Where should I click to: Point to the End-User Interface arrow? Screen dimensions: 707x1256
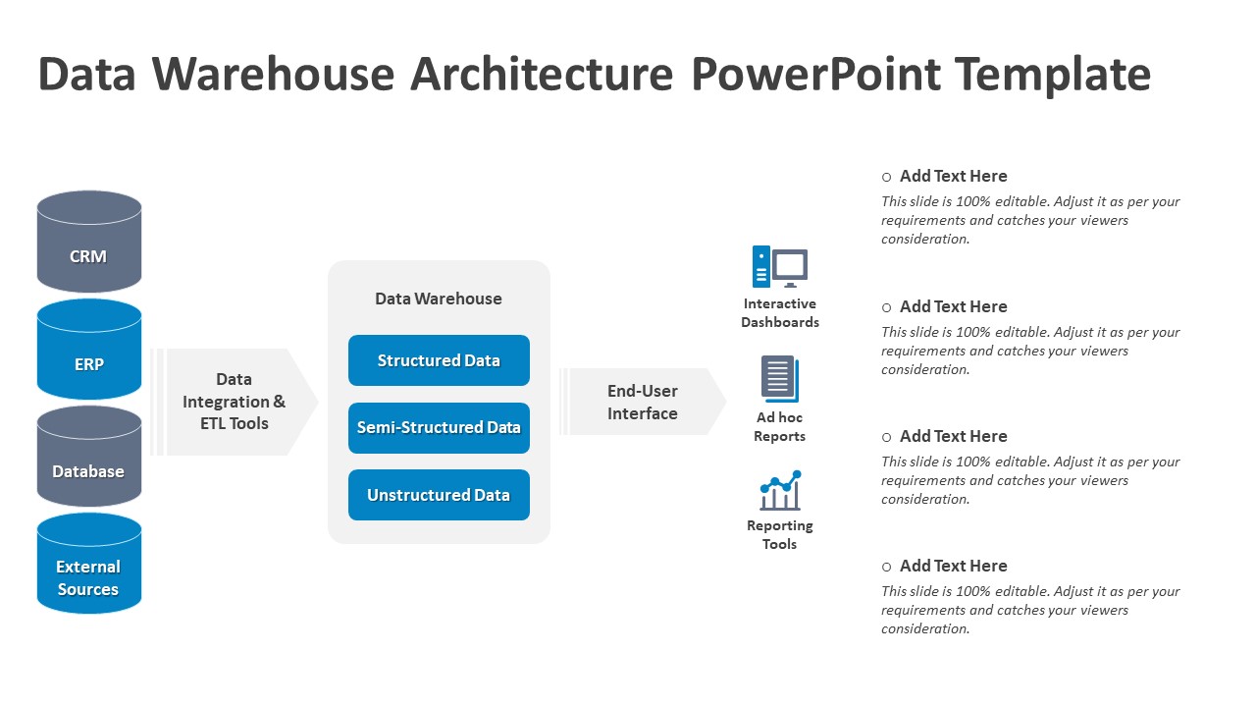click(x=644, y=402)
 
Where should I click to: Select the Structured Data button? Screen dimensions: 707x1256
click(x=439, y=360)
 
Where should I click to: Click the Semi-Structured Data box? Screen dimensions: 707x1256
click(x=439, y=428)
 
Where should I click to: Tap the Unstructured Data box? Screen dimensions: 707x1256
click(x=439, y=495)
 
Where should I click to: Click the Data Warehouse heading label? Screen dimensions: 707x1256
click(x=439, y=299)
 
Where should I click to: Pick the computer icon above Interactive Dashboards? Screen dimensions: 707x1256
click(x=780, y=266)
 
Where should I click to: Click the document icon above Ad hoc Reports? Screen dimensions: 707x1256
click(x=780, y=379)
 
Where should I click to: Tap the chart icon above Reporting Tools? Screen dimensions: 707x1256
click(x=780, y=490)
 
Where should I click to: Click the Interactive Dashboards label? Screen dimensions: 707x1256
click(x=780, y=313)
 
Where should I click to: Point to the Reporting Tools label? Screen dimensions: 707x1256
click(x=780, y=535)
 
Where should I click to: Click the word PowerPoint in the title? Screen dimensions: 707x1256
click(x=815, y=75)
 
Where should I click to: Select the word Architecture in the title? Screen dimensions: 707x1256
click(x=542, y=75)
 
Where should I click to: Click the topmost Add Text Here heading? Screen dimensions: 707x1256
click(x=953, y=177)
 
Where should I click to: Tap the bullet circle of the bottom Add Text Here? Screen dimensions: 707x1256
click(x=886, y=567)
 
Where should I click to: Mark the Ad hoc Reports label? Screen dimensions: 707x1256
click(x=780, y=427)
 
